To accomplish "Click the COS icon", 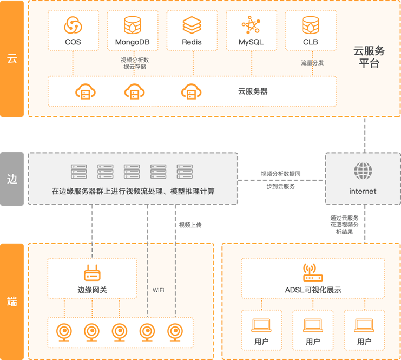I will (73, 25).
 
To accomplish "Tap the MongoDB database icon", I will (132, 25).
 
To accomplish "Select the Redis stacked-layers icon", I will (192, 25).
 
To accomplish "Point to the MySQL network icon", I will (251, 25).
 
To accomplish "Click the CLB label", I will (311, 42).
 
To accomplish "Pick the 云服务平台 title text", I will (369, 57).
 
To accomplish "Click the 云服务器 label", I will (253, 91).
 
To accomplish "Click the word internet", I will (363, 191).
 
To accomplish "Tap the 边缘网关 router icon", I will (92, 273).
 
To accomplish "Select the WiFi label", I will (159, 290).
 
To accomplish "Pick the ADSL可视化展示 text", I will (313, 290).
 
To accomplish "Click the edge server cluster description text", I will (133, 191).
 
